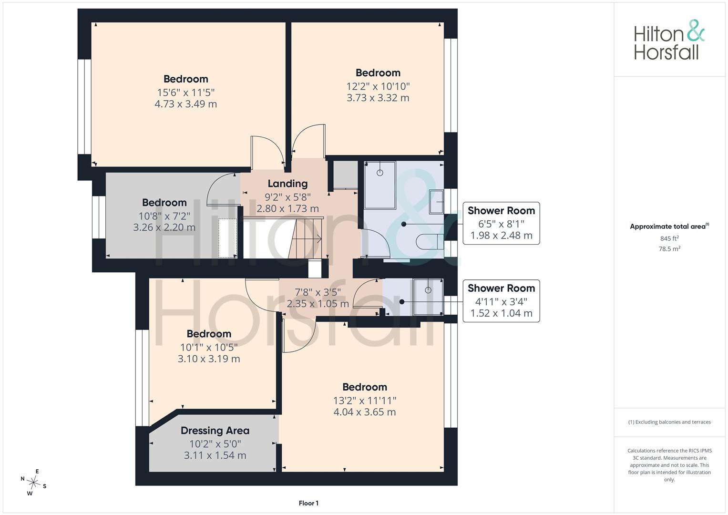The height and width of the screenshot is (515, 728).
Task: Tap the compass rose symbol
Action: point(33,483)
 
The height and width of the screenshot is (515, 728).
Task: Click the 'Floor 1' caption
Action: point(308,503)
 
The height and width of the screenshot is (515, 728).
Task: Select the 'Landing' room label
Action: point(287,184)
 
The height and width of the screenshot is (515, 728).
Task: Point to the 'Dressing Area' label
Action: point(215,431)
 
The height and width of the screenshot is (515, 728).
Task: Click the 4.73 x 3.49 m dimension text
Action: point(185,104)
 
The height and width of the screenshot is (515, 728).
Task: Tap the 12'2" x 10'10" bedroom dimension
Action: point(378,86)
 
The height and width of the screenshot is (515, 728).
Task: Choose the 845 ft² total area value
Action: point(669,238)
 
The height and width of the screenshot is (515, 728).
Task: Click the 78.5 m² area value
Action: point(669,249)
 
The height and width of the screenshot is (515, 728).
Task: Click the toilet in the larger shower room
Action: point(430,241)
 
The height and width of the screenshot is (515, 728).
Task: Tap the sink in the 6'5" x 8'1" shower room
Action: point(437,202)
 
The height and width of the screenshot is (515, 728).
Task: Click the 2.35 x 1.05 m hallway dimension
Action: point(318,304)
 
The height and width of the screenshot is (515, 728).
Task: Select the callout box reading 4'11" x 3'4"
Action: point(501,301)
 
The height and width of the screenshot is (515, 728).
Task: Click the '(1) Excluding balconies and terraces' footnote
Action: point(669,422)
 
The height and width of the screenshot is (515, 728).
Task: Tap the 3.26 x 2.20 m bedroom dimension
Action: point(164,227)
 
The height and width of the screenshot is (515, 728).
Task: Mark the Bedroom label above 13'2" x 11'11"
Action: point(365,387)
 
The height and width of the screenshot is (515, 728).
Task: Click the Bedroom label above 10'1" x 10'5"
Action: point(209,334)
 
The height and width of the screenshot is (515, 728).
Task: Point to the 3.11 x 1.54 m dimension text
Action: point(215,455)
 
